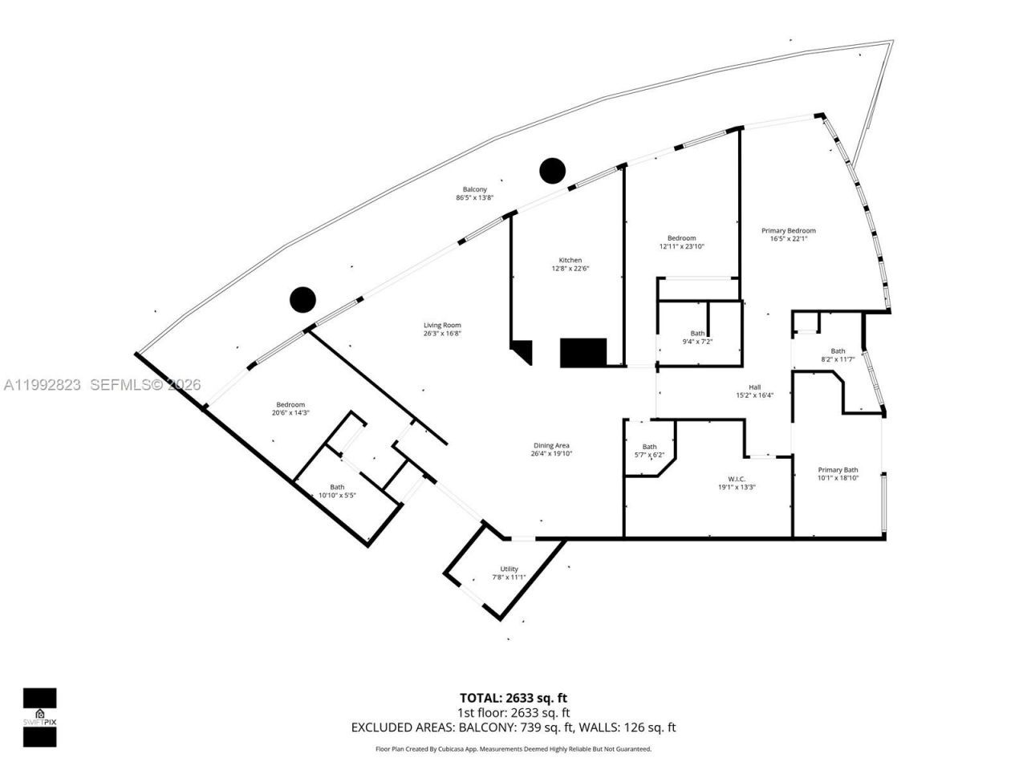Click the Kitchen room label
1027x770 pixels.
(x=570, y=260)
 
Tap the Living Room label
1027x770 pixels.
(x=442, y=325)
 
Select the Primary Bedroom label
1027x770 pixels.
(x=788, y=231)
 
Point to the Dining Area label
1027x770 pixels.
(x=551, y=445)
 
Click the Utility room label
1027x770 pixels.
(x=509, y=569)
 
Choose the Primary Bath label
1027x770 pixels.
(x=838, y=470)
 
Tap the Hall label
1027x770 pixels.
(x=754, y=387)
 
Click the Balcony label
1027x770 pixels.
(x=474, y=189)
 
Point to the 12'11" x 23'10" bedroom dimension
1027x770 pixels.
(x=681, y=246)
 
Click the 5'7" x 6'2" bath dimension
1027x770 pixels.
(x=649, y=455)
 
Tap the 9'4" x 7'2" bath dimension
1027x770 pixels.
(x=697, y=342)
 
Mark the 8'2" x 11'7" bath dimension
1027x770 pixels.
(x=838, y=359)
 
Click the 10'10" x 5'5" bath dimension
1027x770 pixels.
(x=337, y=495)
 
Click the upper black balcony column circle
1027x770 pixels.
(x=552, y=170)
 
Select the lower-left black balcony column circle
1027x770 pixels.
(x=302, y=299)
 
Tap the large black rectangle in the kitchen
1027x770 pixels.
(x=583, y=352)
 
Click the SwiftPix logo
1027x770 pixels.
(x=39, y=716)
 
